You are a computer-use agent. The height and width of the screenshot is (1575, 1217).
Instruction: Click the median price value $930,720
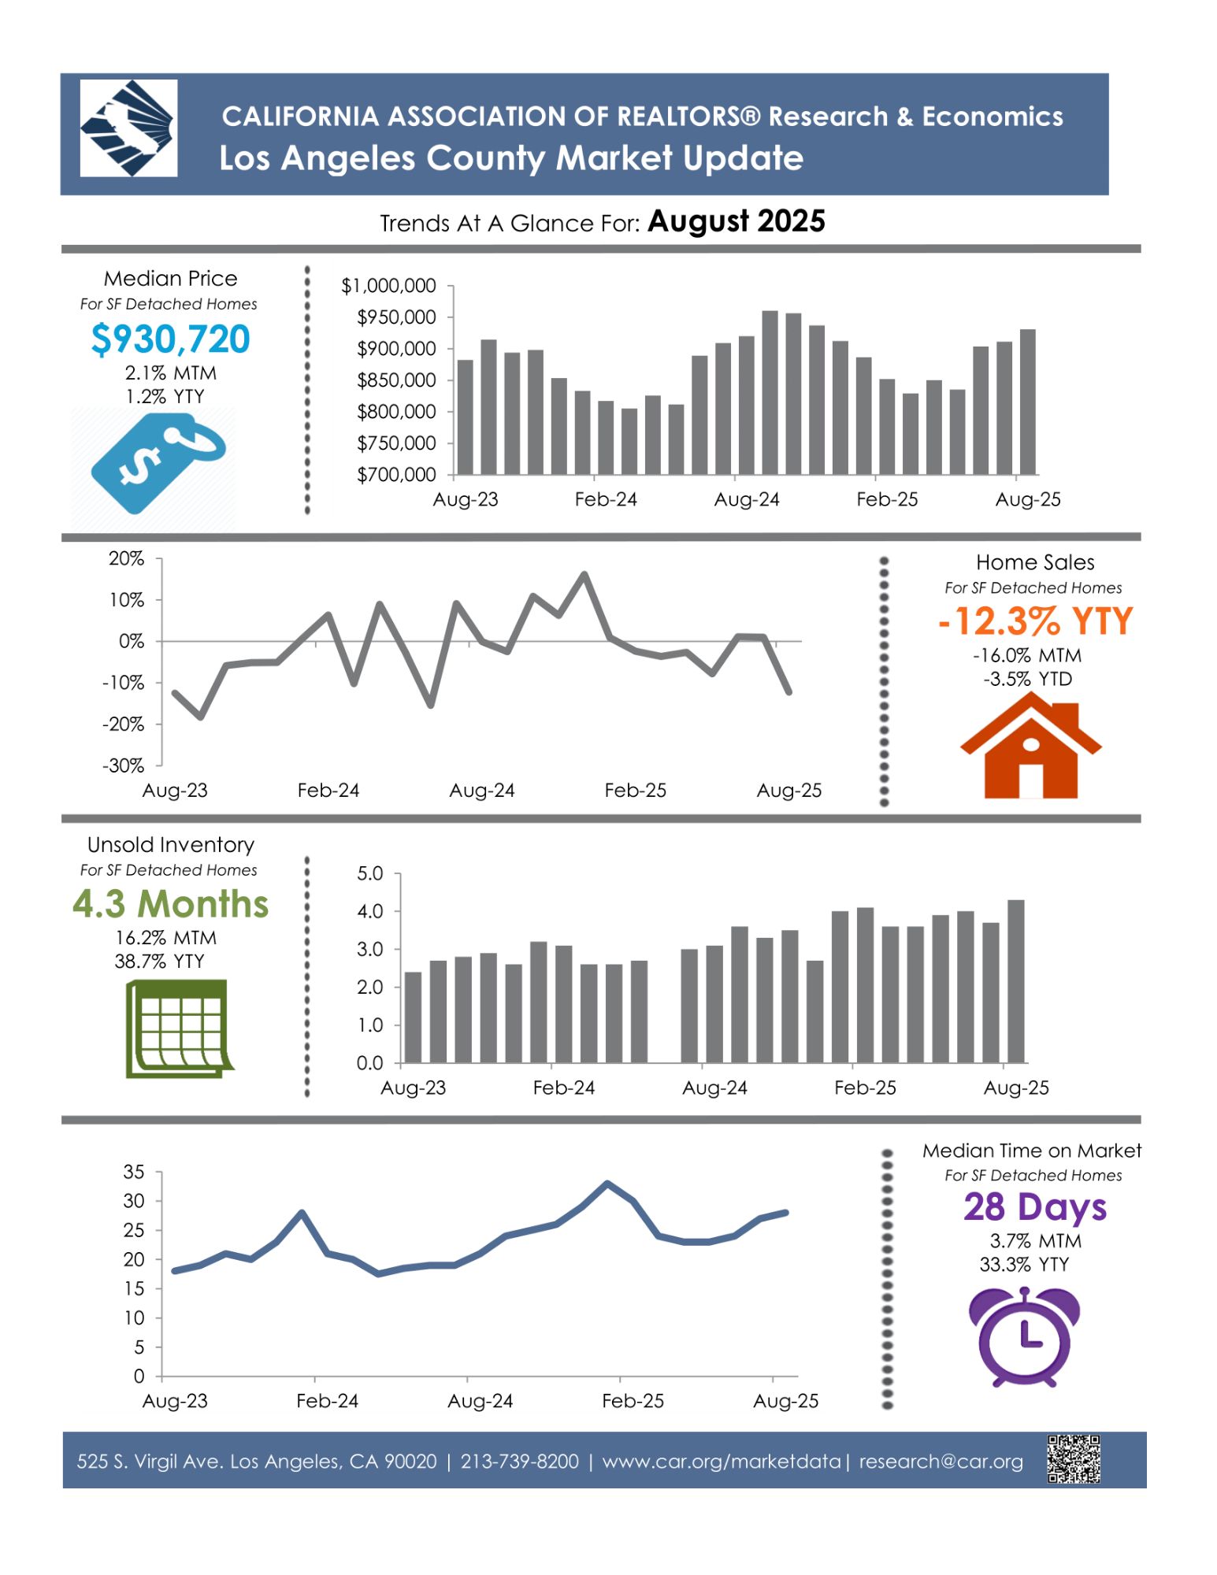point(170,339)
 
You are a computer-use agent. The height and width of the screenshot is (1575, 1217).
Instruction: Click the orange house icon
point(1030,747)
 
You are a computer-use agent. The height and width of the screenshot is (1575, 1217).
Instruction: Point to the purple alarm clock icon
point(1023,1336)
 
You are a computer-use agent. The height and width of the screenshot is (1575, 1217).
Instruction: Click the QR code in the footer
point(1073,1459)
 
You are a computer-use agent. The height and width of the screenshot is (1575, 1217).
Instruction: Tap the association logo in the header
point(128,128)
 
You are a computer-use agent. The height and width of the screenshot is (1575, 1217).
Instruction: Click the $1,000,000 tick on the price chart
point(388,286)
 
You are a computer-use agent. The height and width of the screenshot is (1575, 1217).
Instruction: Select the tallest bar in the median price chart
point(770,392)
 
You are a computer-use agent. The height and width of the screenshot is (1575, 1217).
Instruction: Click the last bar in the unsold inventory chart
point(1015,980)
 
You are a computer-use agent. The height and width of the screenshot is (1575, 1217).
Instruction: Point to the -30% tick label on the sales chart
point(124,765)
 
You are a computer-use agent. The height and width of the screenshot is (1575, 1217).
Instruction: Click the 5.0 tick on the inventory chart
point(369,873)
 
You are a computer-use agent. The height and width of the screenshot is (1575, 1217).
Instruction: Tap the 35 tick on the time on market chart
point(134,1172)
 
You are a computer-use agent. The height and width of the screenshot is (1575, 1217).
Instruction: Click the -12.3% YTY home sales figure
point(1035,621)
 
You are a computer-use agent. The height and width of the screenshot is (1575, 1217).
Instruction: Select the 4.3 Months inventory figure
point(170,904)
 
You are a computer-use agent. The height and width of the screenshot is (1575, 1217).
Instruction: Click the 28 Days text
point(1034,1207)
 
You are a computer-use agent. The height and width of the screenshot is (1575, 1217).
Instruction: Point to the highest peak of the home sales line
point(584,574)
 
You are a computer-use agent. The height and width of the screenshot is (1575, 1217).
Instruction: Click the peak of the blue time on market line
point(607,1183)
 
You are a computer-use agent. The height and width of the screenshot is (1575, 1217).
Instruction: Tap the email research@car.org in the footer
point(941,1462)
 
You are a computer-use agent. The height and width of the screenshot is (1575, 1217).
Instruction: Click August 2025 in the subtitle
point(736,221)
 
